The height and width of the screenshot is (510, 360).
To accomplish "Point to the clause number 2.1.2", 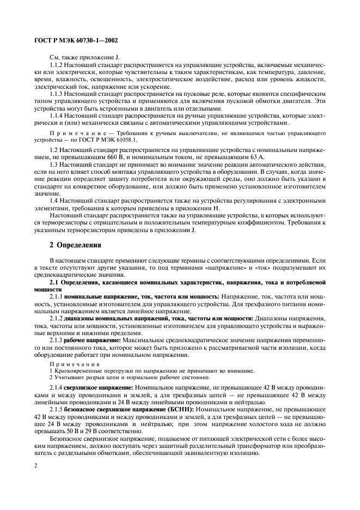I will coord(58,318).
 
